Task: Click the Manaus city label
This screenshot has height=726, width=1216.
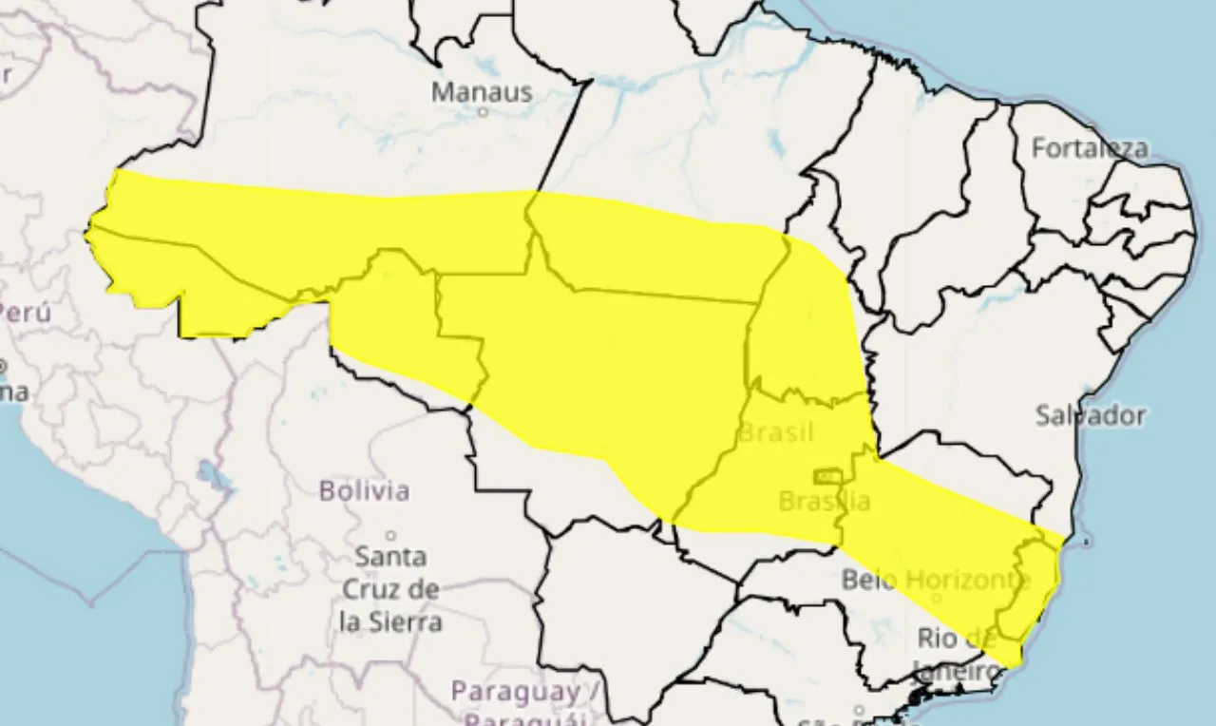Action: point(481,92)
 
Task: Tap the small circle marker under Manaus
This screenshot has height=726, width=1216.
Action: point(483,112)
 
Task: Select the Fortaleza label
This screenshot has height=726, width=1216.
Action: point(1089,148)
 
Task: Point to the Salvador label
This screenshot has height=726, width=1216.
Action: point(1090,415)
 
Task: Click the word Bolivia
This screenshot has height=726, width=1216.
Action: point(364,491)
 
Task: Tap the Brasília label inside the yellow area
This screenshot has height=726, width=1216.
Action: point(823,501)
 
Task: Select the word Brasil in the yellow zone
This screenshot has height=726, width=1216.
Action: point(776,433)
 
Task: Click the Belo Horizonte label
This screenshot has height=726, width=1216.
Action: point(936,579)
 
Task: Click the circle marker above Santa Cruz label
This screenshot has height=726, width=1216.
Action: point(390,536)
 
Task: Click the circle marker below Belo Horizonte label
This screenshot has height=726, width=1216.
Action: point(935,599)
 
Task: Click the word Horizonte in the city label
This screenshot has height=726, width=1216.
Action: point(969,579)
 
